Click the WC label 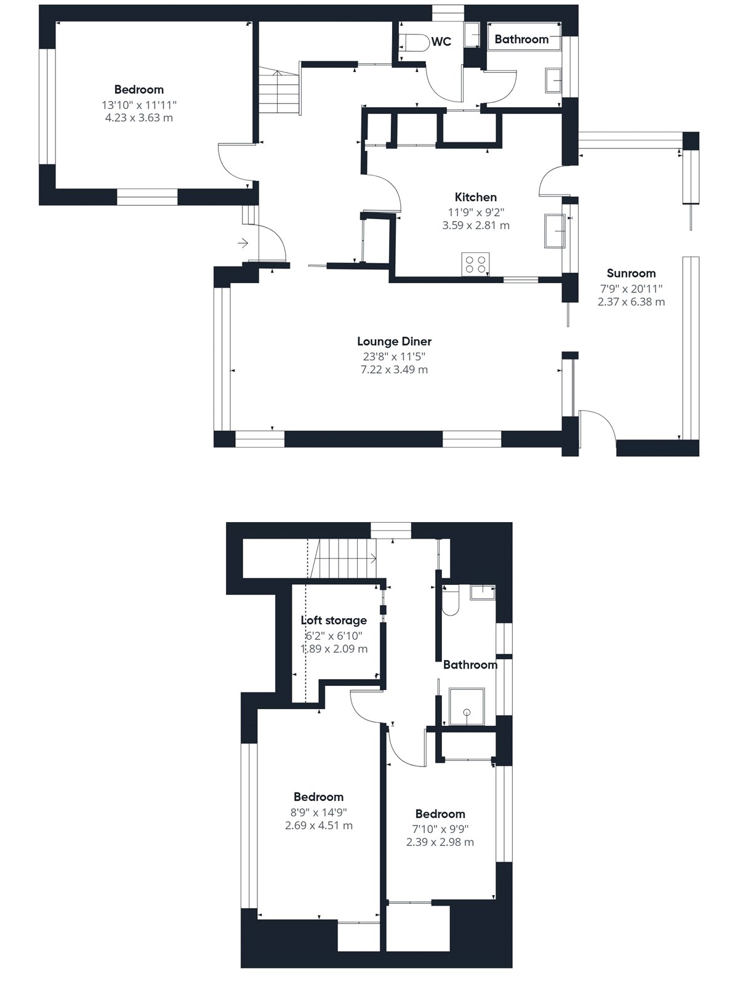[x=441, y=42]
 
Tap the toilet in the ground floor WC [x=414, y=42]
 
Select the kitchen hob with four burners [x=476, y=264]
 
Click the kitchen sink [x=555, y=231]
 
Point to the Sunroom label [x=631, y=273]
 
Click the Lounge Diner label [x=394, y=342]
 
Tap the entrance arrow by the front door [x=243, y=243]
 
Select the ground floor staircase [x=279, y=91]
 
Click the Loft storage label [x=334, y=621]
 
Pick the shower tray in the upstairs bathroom [x=467, y=707]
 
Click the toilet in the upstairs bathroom [x=450, y=600]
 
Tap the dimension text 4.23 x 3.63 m [x=139, y=118]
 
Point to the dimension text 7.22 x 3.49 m [x=394, y=370]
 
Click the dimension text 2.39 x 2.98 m [x=440, y=842]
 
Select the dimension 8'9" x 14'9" [x=319, y=812]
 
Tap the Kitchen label [x=476, y=197]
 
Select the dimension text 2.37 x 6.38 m [x=631, y=302]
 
